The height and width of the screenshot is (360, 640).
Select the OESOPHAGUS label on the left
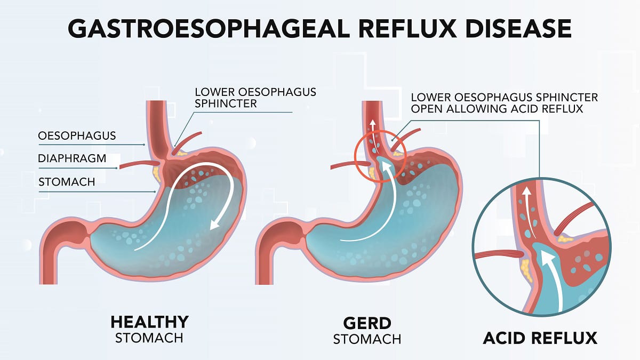(x=77, y=135)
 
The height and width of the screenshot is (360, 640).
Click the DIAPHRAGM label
(x=72, y=158)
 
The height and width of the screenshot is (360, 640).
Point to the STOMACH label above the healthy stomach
(x=67, y=181)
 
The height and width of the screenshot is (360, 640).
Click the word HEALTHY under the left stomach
(x=149, y=322)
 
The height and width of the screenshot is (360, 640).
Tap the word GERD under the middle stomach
(x=367, y=322)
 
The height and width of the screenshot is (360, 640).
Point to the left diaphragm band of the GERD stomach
(x=349, y=166)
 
